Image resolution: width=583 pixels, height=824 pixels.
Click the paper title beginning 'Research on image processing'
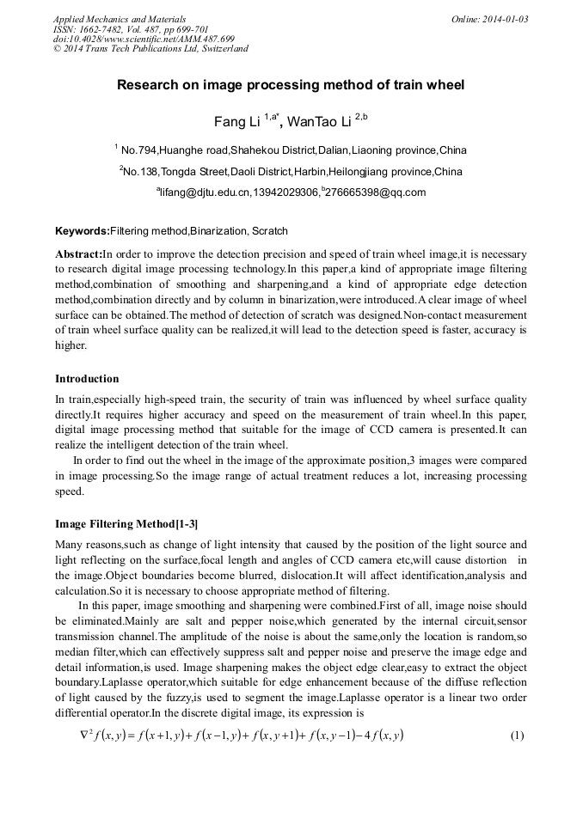pos(291,85)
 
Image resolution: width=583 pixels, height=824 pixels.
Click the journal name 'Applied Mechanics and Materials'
pos(120,19)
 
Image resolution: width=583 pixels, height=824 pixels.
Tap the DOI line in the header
pos(144,39)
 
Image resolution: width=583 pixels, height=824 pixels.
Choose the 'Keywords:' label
pos(83,231)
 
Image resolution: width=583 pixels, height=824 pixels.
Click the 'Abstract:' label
pos(78,255)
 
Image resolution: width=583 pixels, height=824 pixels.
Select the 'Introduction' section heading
pos(87,379)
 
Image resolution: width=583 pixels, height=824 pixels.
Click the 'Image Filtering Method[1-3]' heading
pos(126,524)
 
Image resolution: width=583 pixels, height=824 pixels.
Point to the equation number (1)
pos(517,735)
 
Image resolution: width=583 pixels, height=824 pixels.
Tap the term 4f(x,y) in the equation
pos(381,735)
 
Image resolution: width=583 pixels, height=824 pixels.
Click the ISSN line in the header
pos(131,29)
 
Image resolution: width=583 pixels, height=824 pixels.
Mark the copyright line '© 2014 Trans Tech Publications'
pos(150,49)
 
